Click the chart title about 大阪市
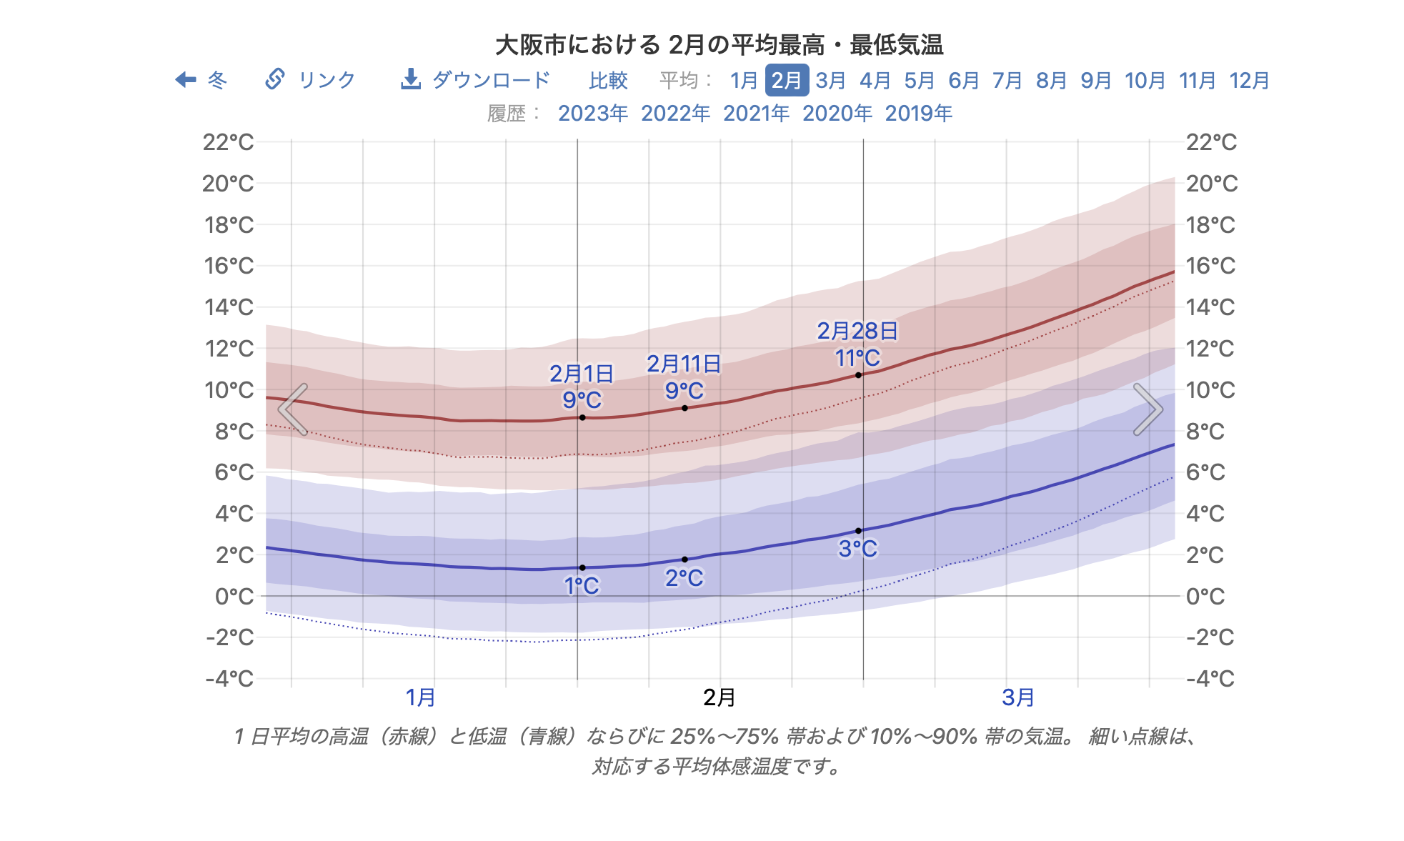coord(719,45)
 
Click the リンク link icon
coord(275,79)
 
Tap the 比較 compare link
coord(608,80)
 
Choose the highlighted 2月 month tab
coord(787,80)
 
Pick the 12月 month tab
coord(1249,80)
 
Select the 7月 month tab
coord(1007,80)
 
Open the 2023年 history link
coord(592,113)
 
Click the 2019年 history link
coord(918,113)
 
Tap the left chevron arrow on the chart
coord(293,409)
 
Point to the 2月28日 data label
coord(857,331)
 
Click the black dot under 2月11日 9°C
coord(684,408)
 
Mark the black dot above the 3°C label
coord(858,531)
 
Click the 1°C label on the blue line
coord(582,586)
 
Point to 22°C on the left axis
coord(228,142)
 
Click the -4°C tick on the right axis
coord(1210,678)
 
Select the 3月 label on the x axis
coord(1018,697)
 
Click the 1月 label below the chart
coord(421,697)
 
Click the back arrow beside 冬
coord(186,79)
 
